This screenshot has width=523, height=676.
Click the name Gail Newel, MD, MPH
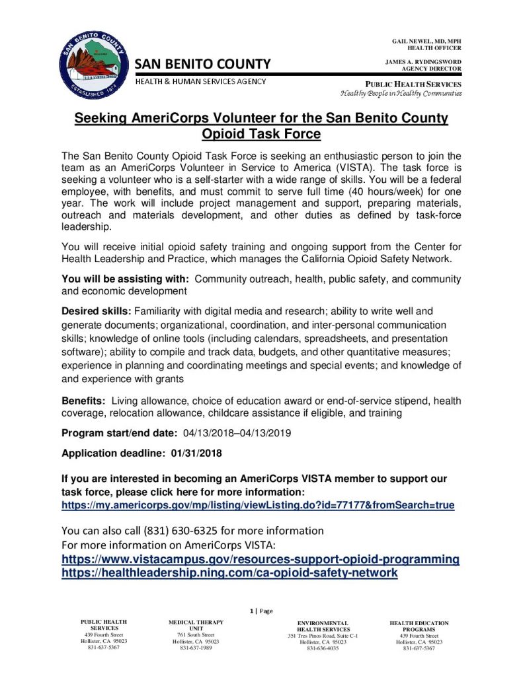pos(426,42)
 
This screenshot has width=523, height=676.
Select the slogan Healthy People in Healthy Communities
pos(401,93)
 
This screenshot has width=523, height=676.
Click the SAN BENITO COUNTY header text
pos(203,64)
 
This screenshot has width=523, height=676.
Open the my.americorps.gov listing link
pos(258,505)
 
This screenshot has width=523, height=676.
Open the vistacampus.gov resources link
pos(260,559)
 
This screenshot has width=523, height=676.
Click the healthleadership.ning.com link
pos(229,573)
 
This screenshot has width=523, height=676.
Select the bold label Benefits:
pos(83,401)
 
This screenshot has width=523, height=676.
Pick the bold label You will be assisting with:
pos(126,278)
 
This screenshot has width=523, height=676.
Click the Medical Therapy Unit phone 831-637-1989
pos(196,648)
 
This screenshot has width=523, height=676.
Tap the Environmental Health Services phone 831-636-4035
pos(322,648)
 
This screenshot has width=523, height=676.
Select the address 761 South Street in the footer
pos(196,634)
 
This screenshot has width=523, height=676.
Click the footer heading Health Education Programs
pos(419,626)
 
